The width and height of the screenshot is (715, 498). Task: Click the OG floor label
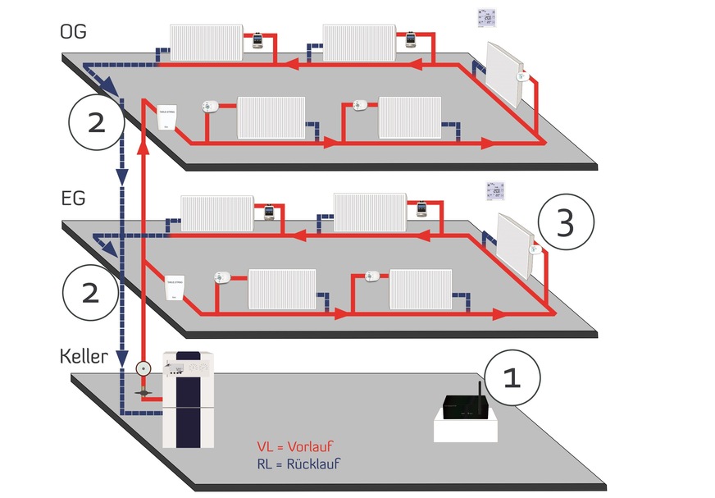73,31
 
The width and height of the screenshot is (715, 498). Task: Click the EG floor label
73,199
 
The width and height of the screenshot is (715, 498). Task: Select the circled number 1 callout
512,378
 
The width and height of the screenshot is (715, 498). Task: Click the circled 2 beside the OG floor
96,122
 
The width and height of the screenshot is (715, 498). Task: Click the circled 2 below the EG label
90,292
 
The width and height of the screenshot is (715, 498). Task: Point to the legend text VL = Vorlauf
295,447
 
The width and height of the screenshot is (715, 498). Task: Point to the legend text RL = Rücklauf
298,464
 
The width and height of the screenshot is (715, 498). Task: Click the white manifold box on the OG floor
166,117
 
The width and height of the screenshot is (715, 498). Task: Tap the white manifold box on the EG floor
175,286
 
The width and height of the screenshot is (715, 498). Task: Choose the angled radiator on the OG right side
504,75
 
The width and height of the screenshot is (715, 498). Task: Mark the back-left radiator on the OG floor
206,42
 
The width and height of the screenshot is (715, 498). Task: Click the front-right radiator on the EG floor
421,289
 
